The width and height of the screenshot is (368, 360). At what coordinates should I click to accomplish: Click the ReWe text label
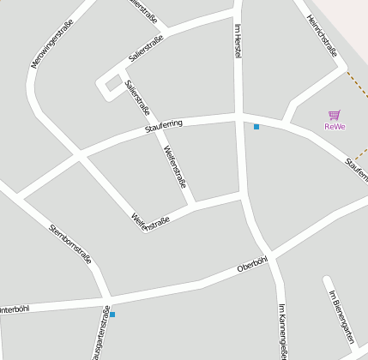coord(335,127)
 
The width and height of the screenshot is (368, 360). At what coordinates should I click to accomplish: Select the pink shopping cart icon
coord(335,115)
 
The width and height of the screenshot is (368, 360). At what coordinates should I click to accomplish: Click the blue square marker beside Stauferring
coord(256,127)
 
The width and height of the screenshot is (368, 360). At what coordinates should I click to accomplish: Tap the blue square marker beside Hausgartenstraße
coord(112,315)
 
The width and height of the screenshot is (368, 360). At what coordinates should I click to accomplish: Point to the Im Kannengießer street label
coord(281,330)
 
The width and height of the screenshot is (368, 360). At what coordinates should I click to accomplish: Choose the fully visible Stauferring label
coord(164,127)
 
